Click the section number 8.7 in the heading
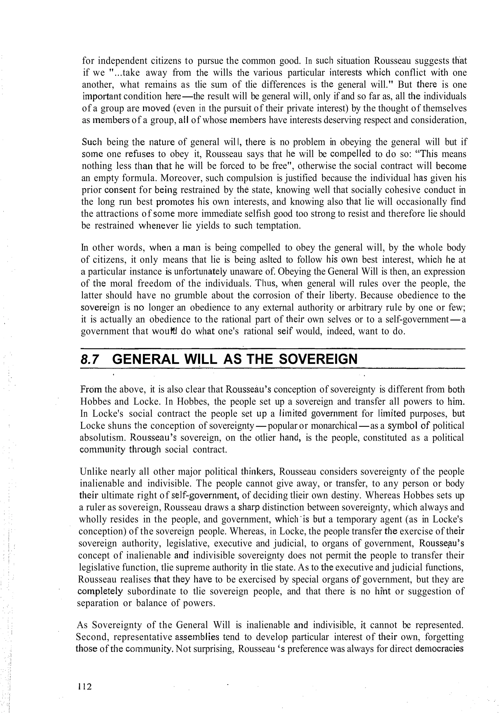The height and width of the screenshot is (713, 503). [x=90, y=360]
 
